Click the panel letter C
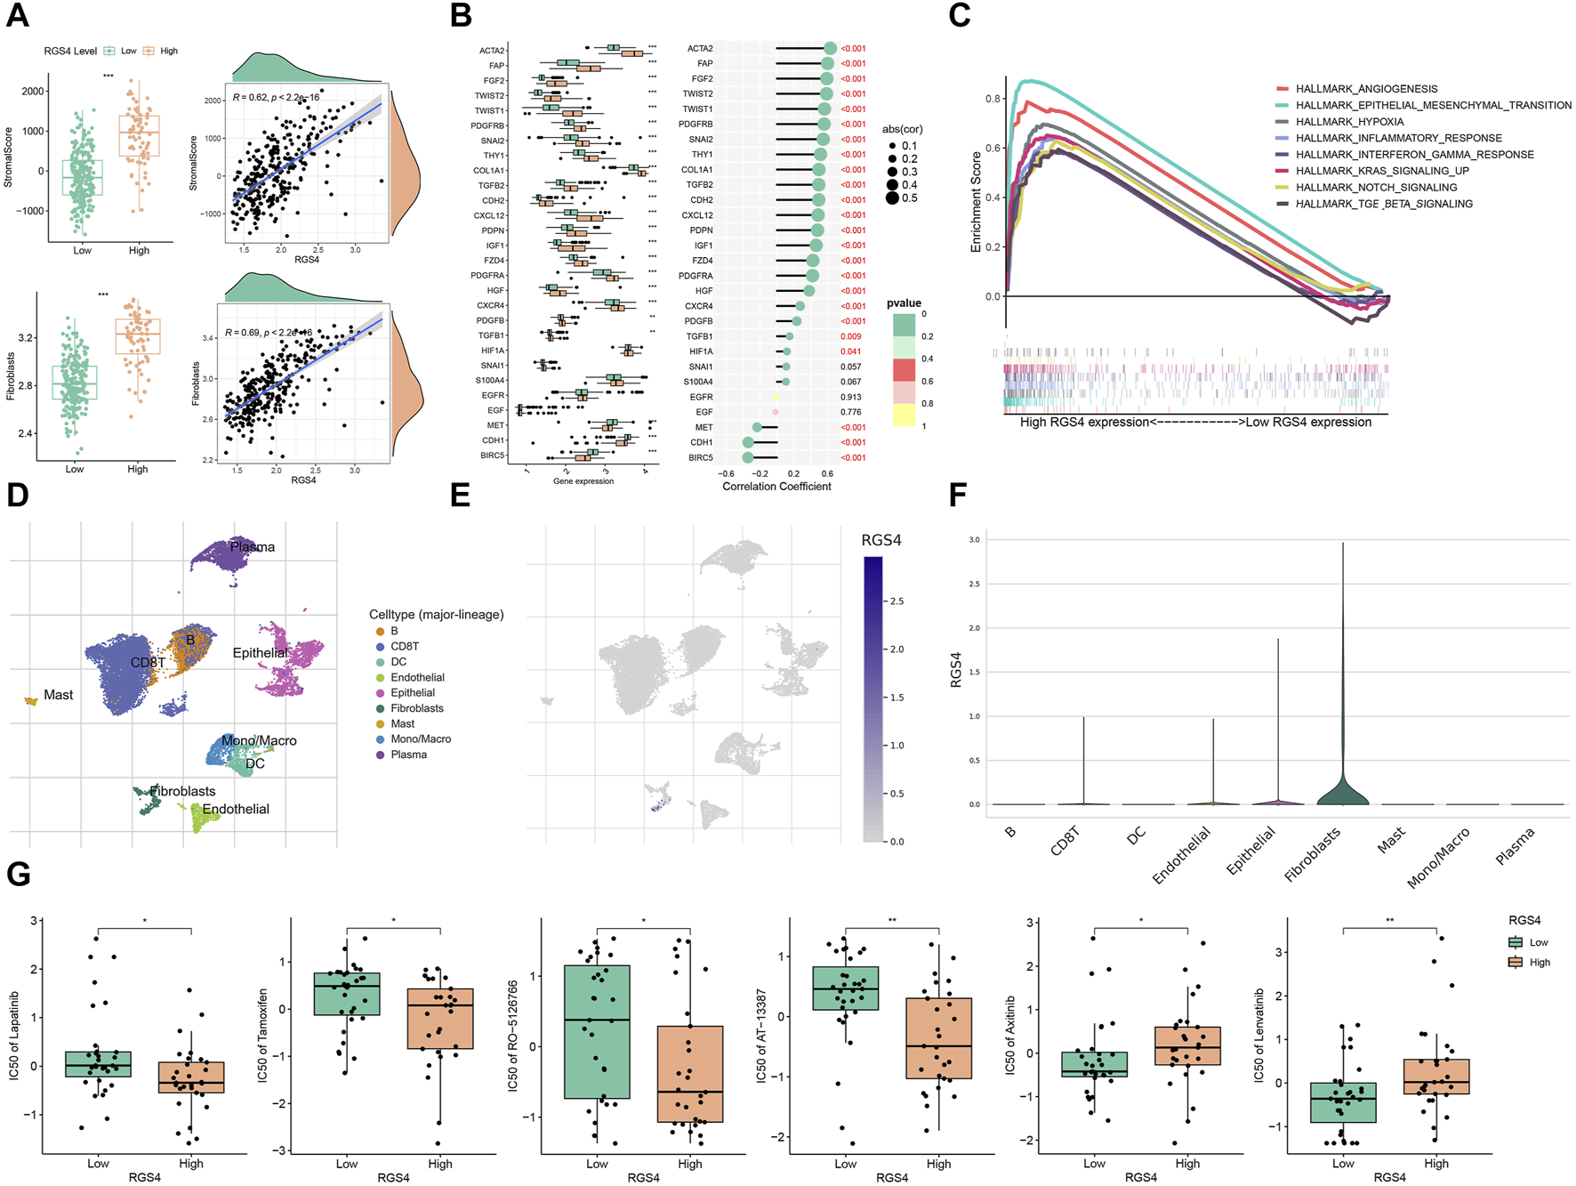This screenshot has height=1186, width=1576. tap(959, 16)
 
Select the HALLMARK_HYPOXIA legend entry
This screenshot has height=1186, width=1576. tap(1349, 122)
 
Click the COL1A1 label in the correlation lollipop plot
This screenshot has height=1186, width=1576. tap(697, 170)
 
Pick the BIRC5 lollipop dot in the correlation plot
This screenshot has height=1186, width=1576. tap(748, 457)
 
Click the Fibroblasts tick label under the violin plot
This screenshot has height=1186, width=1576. tap(1313, 854)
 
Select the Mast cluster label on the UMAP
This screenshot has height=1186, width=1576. tap(59, 695)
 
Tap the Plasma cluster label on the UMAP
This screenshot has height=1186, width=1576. tap(253, 547)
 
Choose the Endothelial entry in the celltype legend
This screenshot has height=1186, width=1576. tap(417, 678)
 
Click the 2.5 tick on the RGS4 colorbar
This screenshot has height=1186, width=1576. tap(897, 601)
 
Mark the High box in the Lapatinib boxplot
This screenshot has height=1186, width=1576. tap(191, 1077)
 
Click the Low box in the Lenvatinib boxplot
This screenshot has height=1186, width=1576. tap(1343, 1102)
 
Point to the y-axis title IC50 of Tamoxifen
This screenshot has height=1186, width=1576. tap(262, 1035)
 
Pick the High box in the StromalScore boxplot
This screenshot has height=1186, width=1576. tap(139, 135)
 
